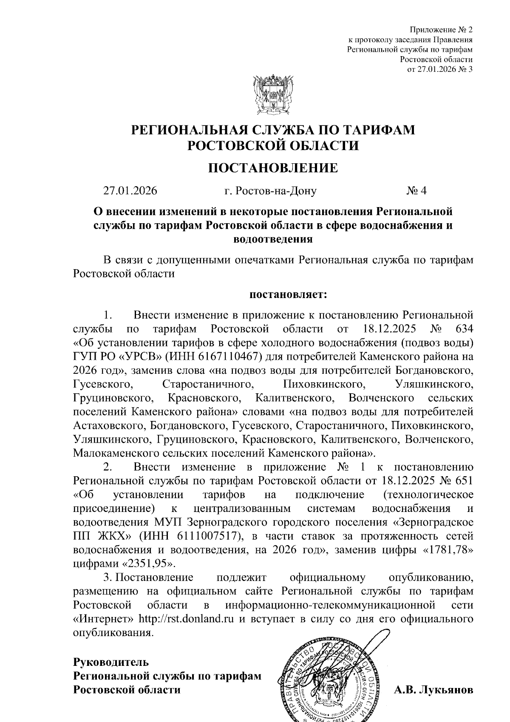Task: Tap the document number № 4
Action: pyautogui.click(x=416, y=190)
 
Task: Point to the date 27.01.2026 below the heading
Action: pyautogui.click(x=130, y=190)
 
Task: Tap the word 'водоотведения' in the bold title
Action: pyautogui.click(x=273, y=239)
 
